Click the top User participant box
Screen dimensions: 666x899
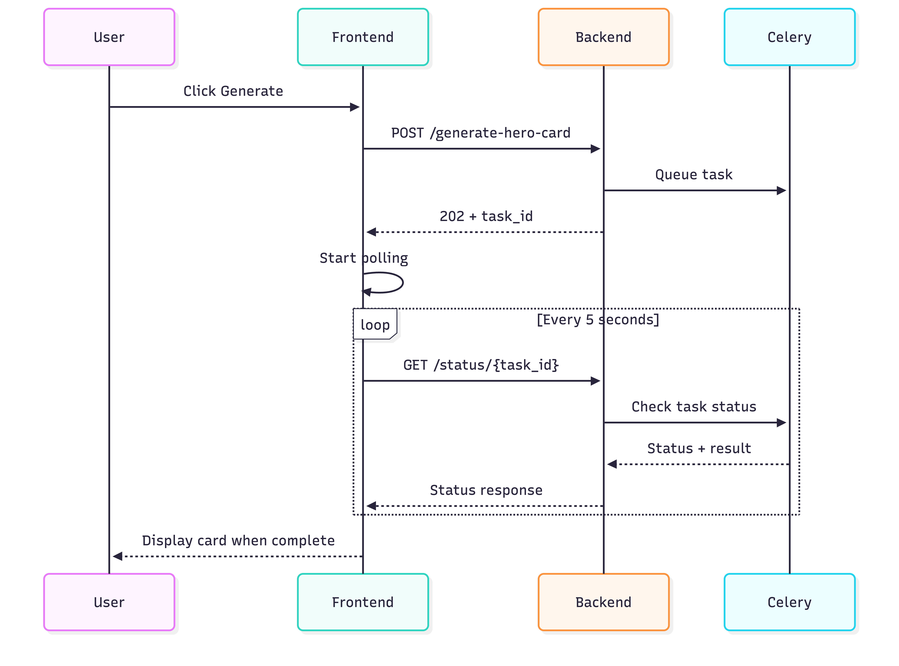tap(109, 37)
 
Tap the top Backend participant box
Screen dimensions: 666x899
tap(603, 37)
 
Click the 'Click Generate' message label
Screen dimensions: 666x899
tap(233, 91)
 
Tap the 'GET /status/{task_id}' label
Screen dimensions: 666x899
tap(481, 365)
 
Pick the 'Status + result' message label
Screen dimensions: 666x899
tap(699, 448)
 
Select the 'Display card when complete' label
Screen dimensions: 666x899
tap(238, 541)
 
